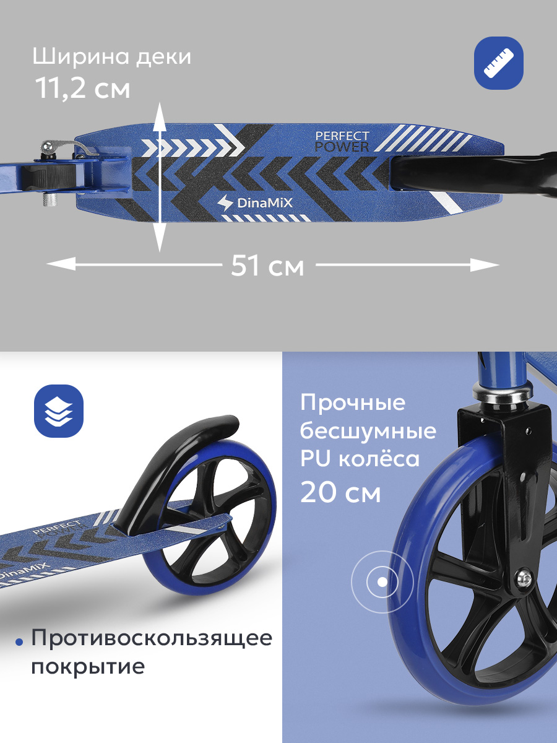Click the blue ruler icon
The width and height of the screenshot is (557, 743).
click(x=498, y=68)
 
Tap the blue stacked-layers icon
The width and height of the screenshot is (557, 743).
click(x=59, y=411)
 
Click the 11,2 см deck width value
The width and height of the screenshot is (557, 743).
click(x=83, y=89)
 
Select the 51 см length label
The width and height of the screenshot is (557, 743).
click(x=267, y=266)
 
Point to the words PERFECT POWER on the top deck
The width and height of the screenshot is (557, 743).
click(x=342, y=142)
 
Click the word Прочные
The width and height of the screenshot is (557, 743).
click(x=353, y=403)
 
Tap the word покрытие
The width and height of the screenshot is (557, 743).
click(x=88, y=667)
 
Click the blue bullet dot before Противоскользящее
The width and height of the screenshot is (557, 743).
click(x=20, y=641)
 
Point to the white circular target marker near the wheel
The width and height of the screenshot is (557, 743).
click(x=382, y=581)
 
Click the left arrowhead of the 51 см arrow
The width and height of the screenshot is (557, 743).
click(x=61, y=264)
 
